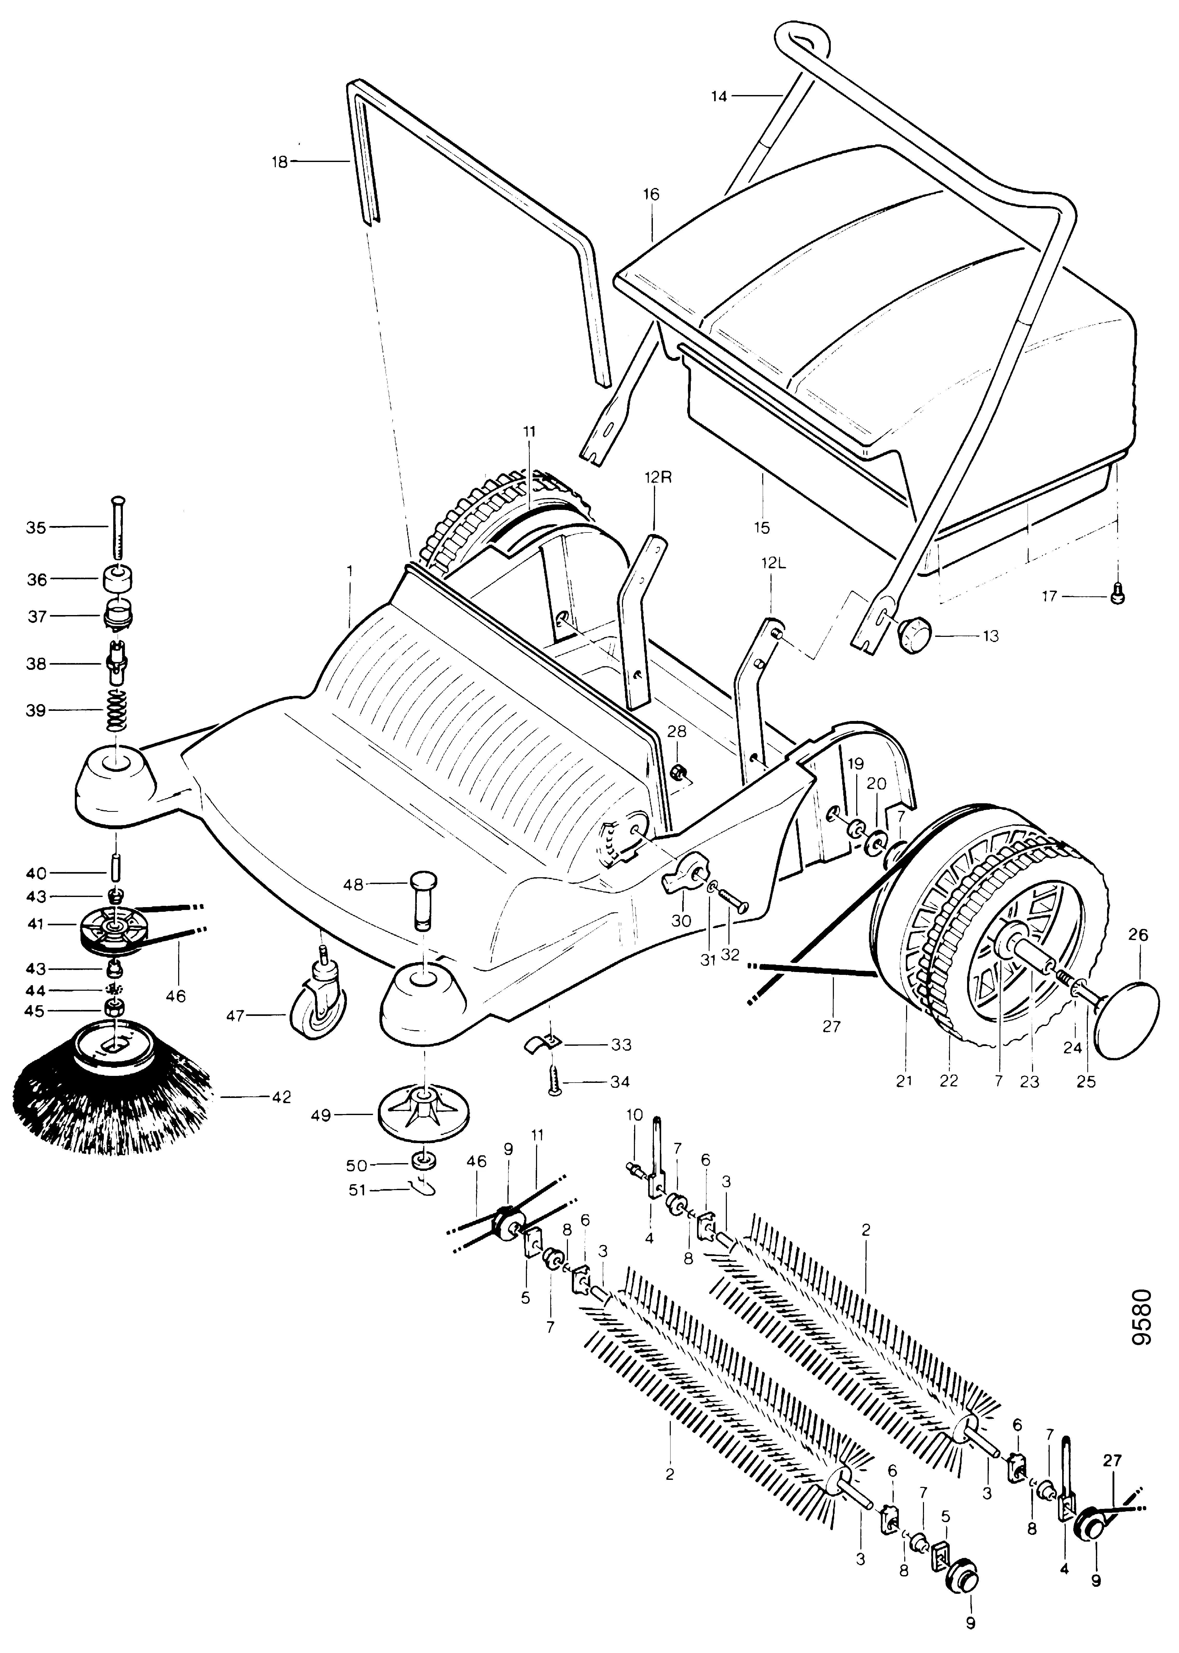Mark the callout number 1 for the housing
click(x=349, y=571)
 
